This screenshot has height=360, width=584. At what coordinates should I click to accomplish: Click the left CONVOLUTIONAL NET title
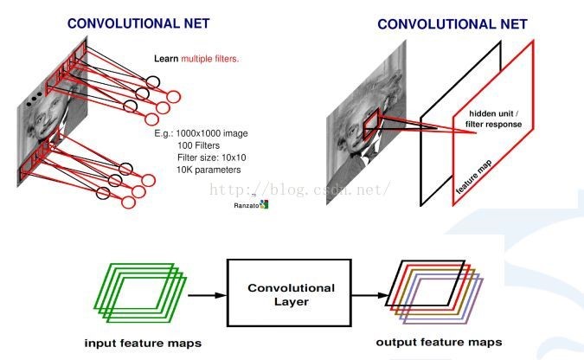138,24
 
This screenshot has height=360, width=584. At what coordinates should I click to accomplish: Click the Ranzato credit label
247,206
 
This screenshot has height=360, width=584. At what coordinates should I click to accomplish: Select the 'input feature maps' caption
144,343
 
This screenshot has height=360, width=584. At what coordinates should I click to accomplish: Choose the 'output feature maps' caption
439,343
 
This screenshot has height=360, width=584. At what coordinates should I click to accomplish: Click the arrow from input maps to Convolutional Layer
207,294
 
